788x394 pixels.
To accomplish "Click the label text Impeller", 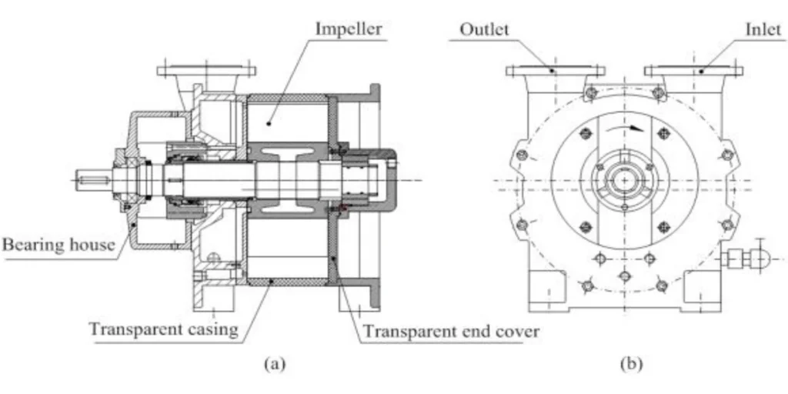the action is (349, 29).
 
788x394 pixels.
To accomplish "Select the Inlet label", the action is (763, 30).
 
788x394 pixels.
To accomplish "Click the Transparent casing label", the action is (164, 329).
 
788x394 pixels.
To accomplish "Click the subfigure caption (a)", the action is (275, 364).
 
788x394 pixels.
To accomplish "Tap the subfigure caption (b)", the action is (631, 364).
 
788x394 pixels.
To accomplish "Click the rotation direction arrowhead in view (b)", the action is (638, 129).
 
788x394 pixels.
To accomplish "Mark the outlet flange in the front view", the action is (556, 71).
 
